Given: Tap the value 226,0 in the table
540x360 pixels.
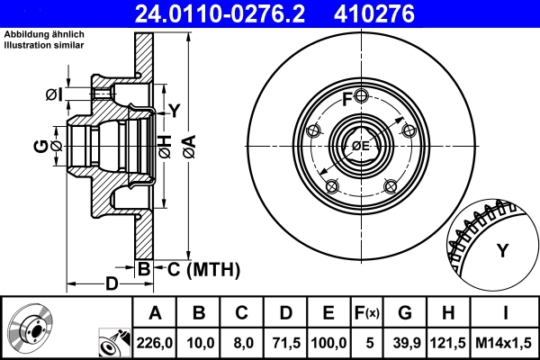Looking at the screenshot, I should point(155,341).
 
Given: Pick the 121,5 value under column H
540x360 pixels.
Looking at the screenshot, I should point(447,341).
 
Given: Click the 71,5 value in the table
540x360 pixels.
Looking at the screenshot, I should point(285,341).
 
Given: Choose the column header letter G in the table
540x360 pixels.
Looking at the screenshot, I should point(404,313).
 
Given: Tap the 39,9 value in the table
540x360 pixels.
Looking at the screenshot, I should point(404,341).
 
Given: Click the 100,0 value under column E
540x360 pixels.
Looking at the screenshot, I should point(328,341).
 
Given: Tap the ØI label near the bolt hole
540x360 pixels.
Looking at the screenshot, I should point(52,94).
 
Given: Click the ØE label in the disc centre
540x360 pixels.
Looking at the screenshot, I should point(361,146).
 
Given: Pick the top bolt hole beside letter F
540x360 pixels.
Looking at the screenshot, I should point(360,96).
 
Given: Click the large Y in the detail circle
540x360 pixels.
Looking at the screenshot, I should point(502,251).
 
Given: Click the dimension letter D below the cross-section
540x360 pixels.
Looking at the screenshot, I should point(112,284).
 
